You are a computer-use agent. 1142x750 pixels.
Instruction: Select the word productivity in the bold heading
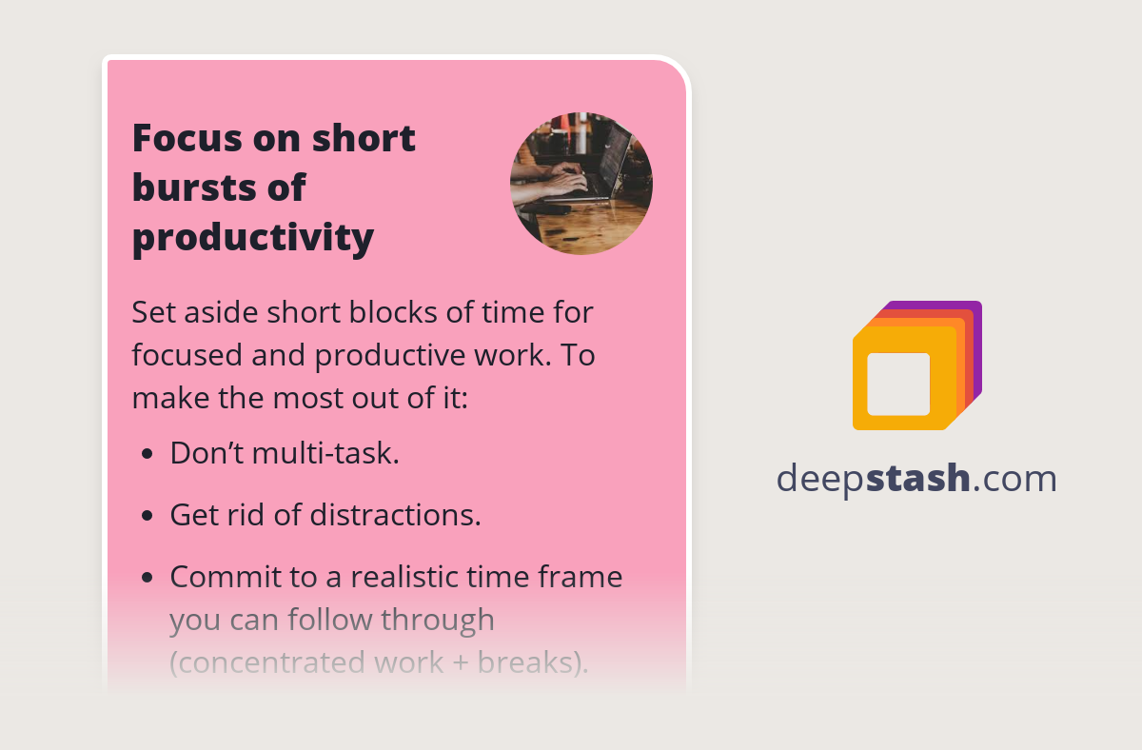tap(252, 237)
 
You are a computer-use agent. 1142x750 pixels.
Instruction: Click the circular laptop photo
tap(581, 184)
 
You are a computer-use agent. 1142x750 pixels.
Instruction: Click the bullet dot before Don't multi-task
tap(147, 454)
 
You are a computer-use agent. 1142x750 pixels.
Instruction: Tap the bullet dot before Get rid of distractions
tap(147, 516)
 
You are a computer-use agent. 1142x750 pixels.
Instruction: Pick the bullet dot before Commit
tap(147, 578)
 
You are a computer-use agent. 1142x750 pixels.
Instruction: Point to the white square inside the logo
tap(898, 384)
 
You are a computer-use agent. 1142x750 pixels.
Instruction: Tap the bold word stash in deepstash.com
tap(917, 478)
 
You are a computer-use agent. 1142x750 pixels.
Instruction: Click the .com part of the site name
tap(1014, 478)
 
